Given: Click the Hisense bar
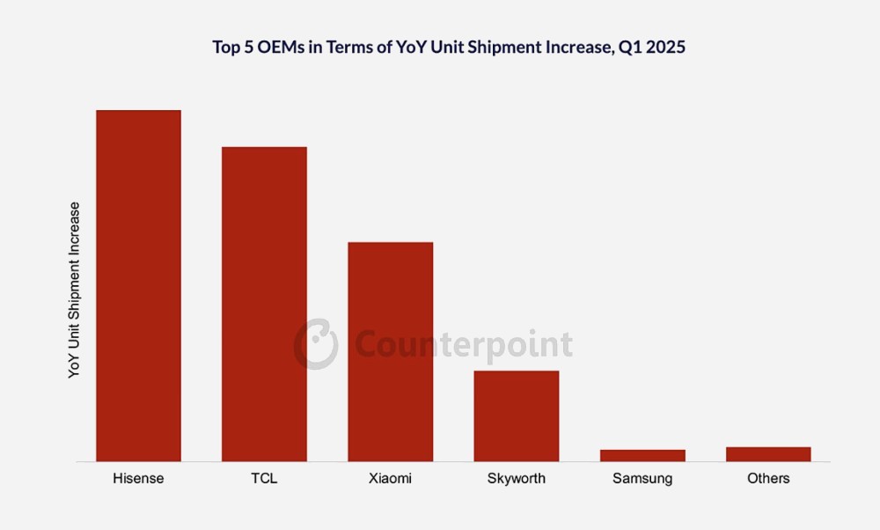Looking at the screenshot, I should point(138,285).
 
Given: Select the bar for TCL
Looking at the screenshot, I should point(264,304).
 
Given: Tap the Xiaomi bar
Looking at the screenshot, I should point(390,351).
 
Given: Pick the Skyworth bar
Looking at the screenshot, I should point(517,416).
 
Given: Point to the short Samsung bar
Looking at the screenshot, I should point(642,455).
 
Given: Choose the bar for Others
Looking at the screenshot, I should point(768,454).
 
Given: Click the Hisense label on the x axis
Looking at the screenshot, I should point(138,479).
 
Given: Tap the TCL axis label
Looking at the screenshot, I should point(264,479).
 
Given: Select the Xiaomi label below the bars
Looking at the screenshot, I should point(390,479).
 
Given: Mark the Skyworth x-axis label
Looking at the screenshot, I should point(517,479).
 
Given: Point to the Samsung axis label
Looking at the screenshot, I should point(642,479).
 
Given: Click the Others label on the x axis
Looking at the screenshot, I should point(768,479).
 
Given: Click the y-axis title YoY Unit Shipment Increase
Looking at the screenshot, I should point(75,291).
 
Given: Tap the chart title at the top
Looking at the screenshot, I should point(449,48).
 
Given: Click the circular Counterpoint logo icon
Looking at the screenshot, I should point(316,343).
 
